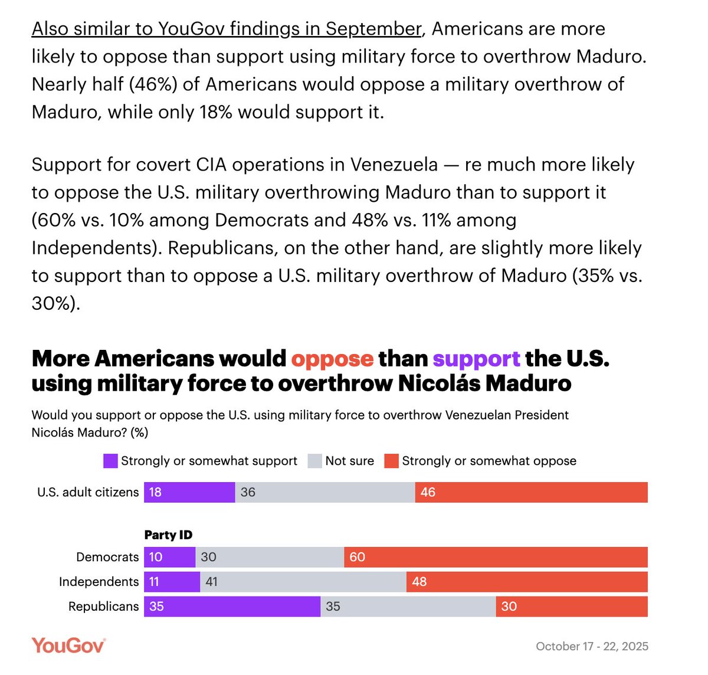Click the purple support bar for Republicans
[232, 607]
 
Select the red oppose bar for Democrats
[496, 557]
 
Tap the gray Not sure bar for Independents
[303, 582]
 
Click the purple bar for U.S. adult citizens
[189, 492]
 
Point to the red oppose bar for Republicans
[571, 607]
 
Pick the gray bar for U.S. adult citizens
[325, 492]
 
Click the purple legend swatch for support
[110, 461]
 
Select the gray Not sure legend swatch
[314, 461]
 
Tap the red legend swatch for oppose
[391, 461]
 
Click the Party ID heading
[168, 535]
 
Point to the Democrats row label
[107, 557]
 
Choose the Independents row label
[99, 582]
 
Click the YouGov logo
[68, 645]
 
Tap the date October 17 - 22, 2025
[592, 646]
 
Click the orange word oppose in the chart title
[332, 359]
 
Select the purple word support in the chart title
[476, 359]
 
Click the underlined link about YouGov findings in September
[227, 29]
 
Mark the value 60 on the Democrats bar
[358, 557]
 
